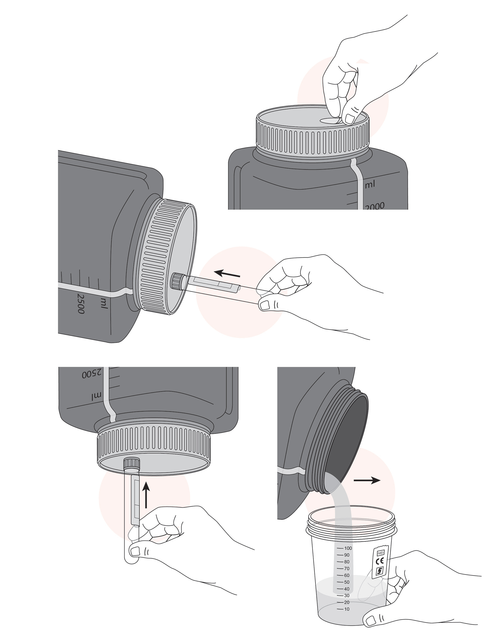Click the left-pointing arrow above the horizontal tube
(x=227, y=274)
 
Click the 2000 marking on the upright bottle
(x=375, y=206)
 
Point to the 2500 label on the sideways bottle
(x=81, y=304)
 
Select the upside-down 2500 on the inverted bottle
(x=92, y=374)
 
